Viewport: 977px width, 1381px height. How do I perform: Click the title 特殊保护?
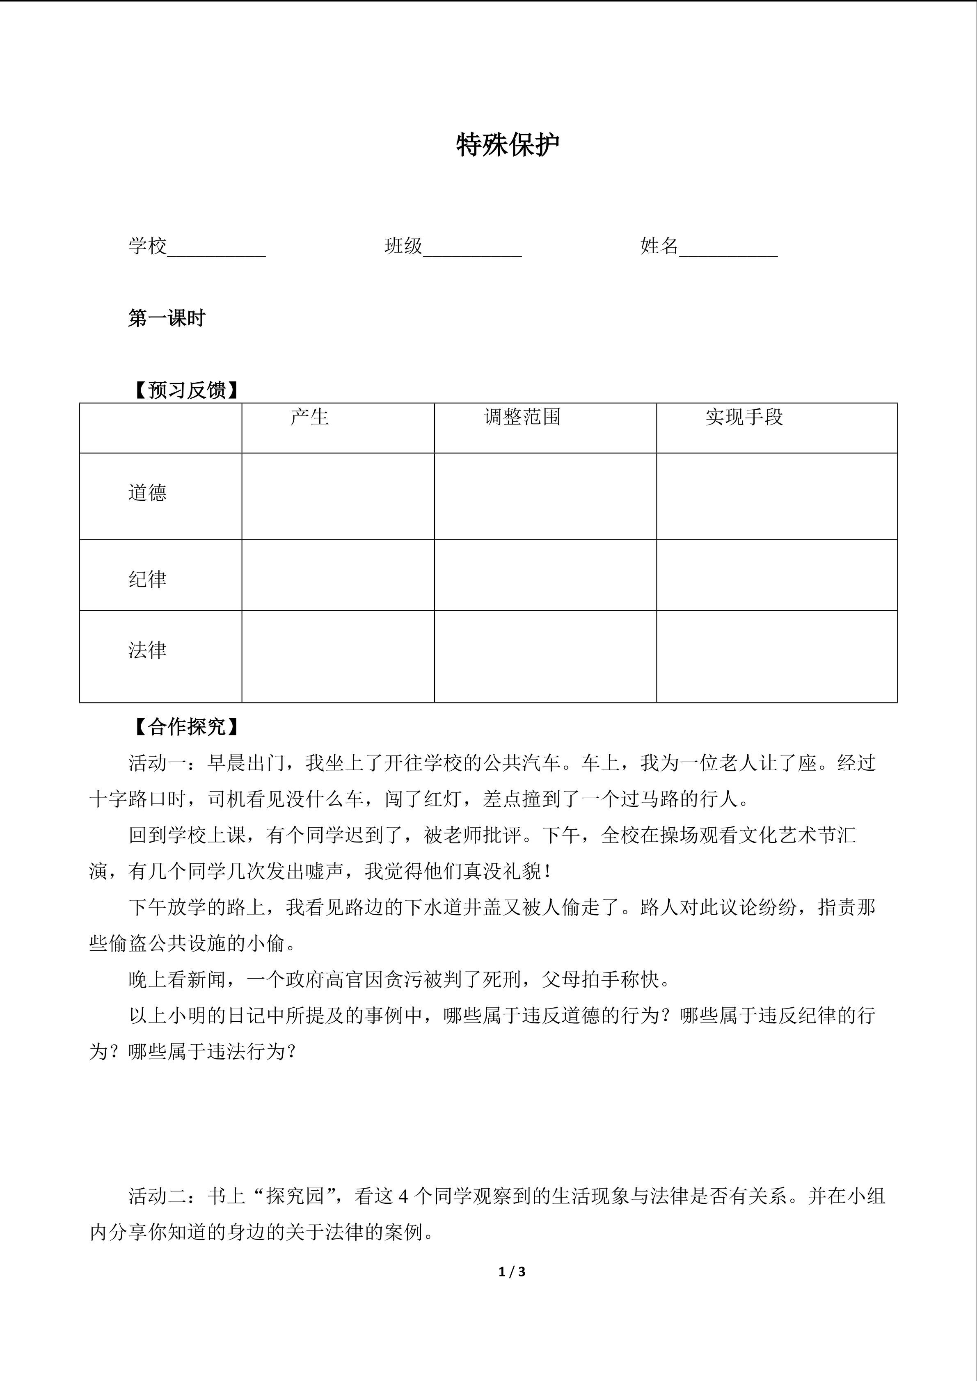[x=508, y=145]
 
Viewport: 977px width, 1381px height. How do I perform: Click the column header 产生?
[x=309, y=417]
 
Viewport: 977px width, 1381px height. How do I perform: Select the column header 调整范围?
[x=522, y=417]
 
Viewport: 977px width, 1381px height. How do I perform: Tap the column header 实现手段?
[x=744, y=417]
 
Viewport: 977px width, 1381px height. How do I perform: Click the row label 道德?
[x=147, y=493]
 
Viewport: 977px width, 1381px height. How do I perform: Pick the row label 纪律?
[x=147, y=579]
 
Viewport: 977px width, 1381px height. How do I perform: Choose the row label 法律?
[x=147, y=650]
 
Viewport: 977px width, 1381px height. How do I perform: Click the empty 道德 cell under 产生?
[x=338, y=496]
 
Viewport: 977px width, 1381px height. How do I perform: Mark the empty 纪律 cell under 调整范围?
[x=545, y=575]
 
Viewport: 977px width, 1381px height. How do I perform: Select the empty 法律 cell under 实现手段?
[x=777, y=656]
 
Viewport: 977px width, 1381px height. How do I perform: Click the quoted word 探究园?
[x=295, y=1196]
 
